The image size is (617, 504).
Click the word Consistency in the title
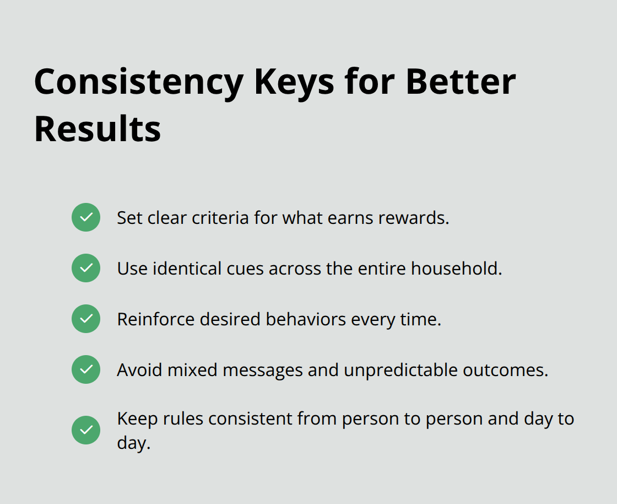[138, 82]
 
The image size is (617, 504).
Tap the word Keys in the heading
[294, 82]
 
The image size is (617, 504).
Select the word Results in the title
[98, 129]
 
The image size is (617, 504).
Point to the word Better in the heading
[461, 82]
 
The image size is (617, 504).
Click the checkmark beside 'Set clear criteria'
[86, 217]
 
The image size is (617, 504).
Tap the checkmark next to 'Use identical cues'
[86, 268]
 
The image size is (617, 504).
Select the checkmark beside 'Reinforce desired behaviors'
[86, 319]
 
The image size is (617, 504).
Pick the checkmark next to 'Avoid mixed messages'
[86, 369]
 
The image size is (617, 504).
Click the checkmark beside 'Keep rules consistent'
[86, 430]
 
